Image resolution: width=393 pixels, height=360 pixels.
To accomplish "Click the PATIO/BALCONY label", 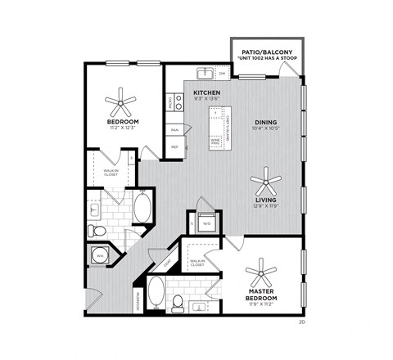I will pos(268,52).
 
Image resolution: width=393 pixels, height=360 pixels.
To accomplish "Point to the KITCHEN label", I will pos(206,92).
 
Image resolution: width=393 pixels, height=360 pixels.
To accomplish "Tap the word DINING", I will pos(264,119).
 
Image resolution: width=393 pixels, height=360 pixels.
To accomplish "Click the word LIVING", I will pos(264,199).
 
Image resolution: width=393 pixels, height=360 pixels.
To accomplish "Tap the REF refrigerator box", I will pos(174,146).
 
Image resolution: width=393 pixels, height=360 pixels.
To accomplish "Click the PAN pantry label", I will pos(174,129).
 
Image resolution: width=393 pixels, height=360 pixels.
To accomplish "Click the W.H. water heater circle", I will pos(100,254).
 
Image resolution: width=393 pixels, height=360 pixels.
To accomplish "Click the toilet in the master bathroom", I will pos(177,303).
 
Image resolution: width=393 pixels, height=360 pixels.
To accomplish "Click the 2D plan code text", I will pos(301,322).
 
